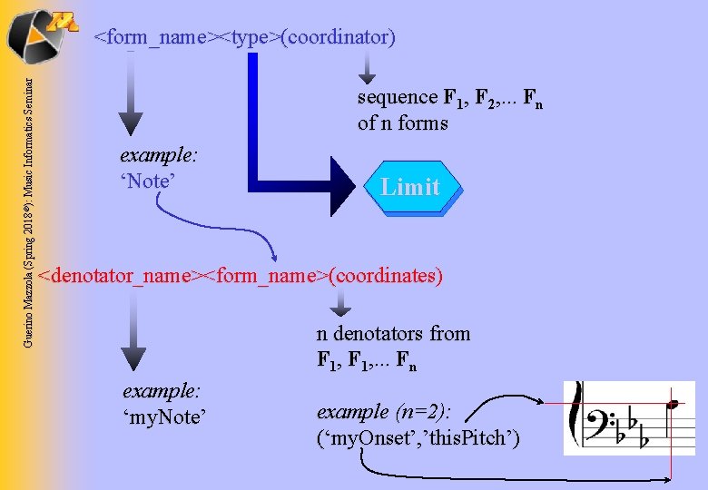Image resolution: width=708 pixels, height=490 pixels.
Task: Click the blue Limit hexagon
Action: click(x=410, y=187)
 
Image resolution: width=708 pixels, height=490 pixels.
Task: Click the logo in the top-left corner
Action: click(x=38, y=31)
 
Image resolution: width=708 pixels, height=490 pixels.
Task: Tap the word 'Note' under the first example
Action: click(x=146, y=181)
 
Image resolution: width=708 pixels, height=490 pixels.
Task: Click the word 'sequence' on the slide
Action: click(x=397, y=97)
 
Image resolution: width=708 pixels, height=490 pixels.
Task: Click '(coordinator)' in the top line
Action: click(x=339, y=37)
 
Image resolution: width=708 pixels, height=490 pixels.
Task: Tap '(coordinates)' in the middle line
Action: click(x=385, y=274)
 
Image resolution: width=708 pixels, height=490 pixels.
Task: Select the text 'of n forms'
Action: click(x=403, y=122)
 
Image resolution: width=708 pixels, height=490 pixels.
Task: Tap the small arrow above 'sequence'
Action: click(x=366, y=67)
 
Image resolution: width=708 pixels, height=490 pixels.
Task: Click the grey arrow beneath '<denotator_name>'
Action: click(x=133, y=336)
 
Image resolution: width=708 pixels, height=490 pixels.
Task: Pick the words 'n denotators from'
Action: click(x=393, y=333)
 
